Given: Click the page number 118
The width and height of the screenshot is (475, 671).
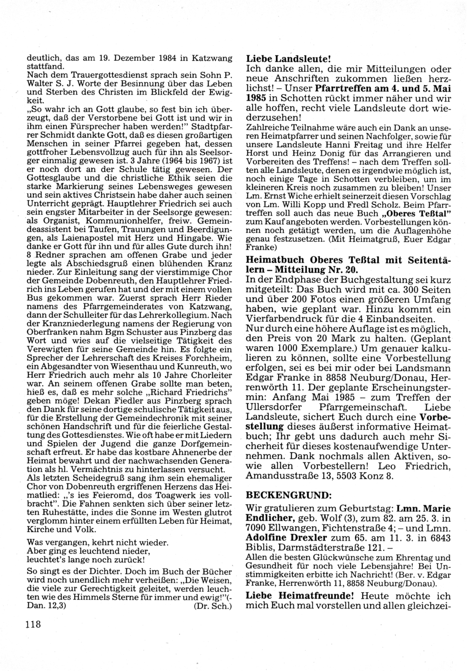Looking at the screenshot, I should [x=33, y=624].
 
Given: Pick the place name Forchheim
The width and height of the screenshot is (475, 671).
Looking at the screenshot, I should [x=210, y=357].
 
